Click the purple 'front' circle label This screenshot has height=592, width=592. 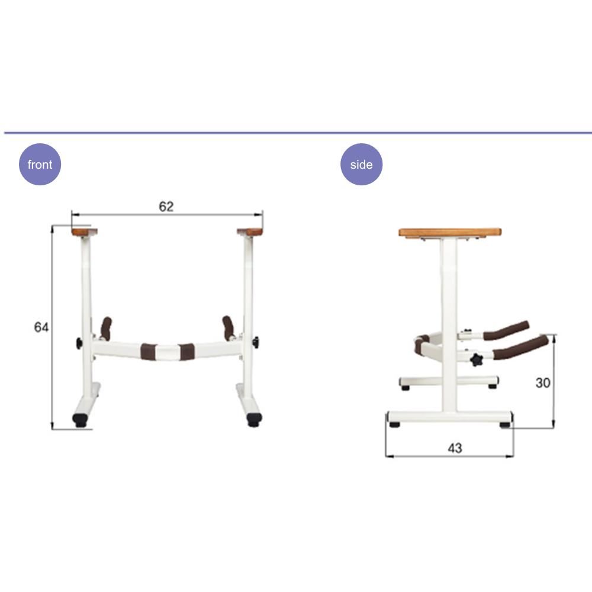pyautogui.click(x=40, y=165)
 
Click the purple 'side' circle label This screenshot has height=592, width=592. pyautogui.click(x=361, y=165)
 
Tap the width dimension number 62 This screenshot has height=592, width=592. pyautogui.click(x=166, y=206)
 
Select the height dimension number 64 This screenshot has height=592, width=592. pyautogui.click(x=41, y=327)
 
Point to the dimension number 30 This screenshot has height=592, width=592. pyautogui.click(x=542, y=383)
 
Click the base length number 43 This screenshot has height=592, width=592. pyautogui.click(x=455, y=448)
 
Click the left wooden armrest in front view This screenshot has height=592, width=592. pyautogui.click(x=85, y=232)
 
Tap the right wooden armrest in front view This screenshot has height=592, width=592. pyautogui.click(x=250, y=232)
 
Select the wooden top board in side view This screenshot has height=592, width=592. pyautogui.click(x=450, y=233)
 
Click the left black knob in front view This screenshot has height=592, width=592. pyautogui.click(x=79, y=343)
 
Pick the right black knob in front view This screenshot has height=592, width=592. pyautogui.click(x=255, y=342)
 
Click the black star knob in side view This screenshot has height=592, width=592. pyautogui.click(x=477, y=359)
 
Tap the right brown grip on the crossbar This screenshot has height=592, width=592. pyautogui.click(x=186, y=352)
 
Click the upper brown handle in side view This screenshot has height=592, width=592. pyautogui.click(x=506, y=331)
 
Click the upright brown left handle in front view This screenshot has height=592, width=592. pyautogui.click(x=106, y=328)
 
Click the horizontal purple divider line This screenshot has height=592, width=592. pyautogui.click(x=296, y=133)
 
